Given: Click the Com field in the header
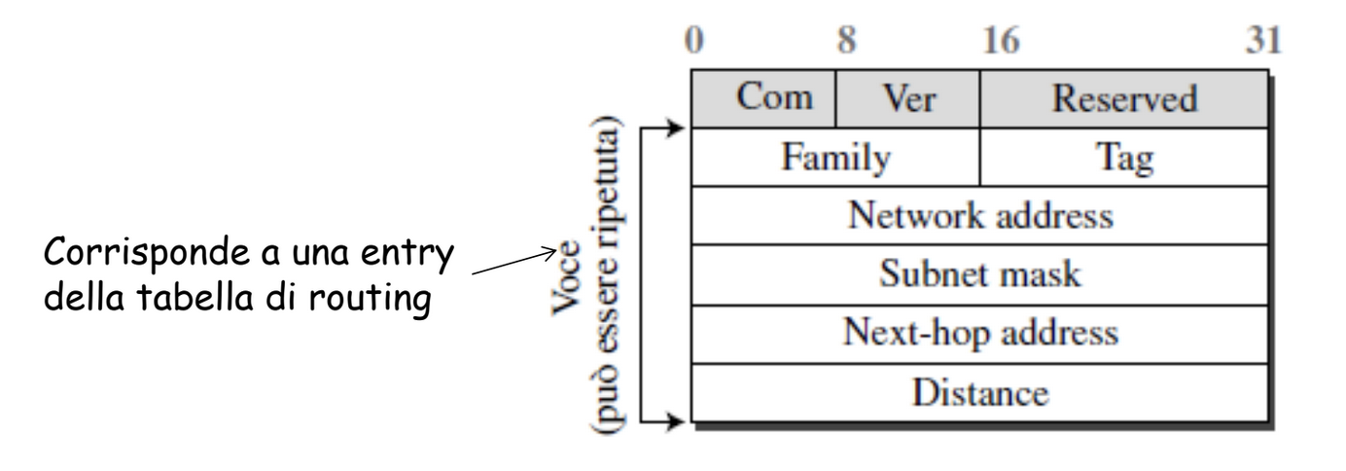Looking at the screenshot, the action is tap(763, 98).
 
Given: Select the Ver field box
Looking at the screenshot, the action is tap(908, 98).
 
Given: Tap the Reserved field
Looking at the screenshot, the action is tap(1124, 98).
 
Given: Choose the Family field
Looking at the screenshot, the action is tap(835, 157).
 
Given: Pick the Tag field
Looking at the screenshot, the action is tap(1124, 157).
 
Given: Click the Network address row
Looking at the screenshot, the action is tap(980, 215).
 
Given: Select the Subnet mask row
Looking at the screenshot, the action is tap(980, 274).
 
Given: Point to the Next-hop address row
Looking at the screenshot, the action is tap(980, 334).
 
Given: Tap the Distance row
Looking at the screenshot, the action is tap(980, 393).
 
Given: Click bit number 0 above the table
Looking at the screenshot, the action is tap(694, 40).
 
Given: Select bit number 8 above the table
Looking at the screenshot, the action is tap(846, 40).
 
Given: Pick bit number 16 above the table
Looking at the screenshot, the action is tap(1001, 40).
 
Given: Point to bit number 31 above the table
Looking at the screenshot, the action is tap(1263, 40).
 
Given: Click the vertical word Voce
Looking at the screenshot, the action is tap(567, 277).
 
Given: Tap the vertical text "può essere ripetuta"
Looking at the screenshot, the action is tap(607, 274).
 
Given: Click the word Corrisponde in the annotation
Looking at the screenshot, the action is tap(146, 253).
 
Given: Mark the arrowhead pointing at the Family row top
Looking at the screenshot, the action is tap(675, 127).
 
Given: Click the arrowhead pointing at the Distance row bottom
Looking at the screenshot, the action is tap(675, 421).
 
